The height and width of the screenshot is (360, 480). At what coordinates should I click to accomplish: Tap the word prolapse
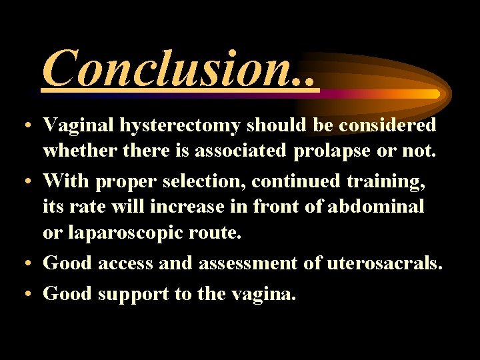tap(331, 151)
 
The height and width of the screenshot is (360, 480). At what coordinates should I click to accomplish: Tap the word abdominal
tap(376, 207)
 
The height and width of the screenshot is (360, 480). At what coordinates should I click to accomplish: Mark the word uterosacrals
tap(384, 263)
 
